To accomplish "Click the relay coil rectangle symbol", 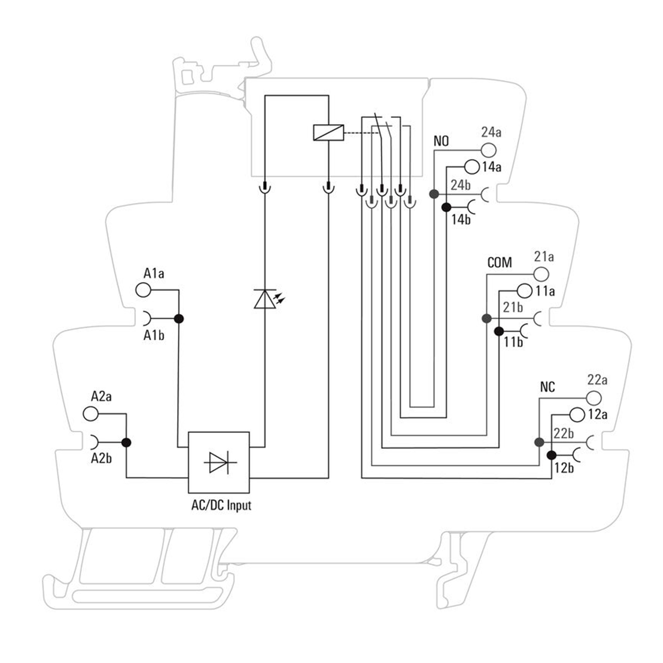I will tap(328, 132).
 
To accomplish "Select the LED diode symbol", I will tap(265, 299).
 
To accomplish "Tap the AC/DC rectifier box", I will tap(219, 462).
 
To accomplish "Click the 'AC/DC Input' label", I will tap(221, 505).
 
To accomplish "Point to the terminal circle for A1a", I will tap(143, 290).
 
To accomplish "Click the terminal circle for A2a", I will tap(90, 414).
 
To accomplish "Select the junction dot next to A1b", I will tap(179, 318).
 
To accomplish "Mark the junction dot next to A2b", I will tap(126, 442).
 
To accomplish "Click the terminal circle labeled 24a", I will tap(489, 150).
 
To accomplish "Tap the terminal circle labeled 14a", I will tap(472, 167).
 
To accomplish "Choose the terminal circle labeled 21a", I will tap(541, 274).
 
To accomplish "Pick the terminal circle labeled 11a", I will tap(524, 291).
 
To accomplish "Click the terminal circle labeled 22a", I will tap(594, 398).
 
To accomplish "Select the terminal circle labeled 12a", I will tap(577, 414).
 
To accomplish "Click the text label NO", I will tap(441, 141).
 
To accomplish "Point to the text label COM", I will tap(499, 263).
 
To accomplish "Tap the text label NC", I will tap(547, 387).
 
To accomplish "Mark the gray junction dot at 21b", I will tap(486, 318).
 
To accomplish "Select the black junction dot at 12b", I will tap(551, 455).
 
